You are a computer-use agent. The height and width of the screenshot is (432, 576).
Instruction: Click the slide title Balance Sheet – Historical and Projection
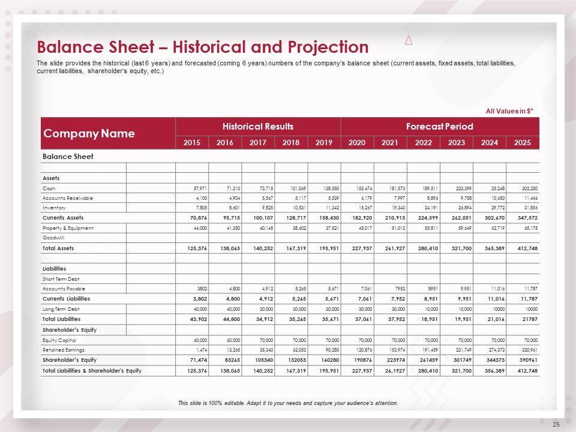203,47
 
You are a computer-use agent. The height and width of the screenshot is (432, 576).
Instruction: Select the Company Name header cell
89,133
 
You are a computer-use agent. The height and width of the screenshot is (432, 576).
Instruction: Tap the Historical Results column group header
257,127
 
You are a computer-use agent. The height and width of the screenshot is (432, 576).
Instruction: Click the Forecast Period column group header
439,127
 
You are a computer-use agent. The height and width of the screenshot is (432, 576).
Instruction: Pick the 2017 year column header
258,143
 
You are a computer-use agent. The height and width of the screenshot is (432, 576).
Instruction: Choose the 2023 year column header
456,143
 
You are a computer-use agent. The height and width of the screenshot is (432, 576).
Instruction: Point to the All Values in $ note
509,111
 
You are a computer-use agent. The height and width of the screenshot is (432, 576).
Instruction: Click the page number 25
556,425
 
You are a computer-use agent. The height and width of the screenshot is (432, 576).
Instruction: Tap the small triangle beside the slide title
409,41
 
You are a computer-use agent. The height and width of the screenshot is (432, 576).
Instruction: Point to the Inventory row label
54,208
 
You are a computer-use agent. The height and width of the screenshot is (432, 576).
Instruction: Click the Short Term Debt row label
58,279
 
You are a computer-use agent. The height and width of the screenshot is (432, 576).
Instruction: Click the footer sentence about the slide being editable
288,403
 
